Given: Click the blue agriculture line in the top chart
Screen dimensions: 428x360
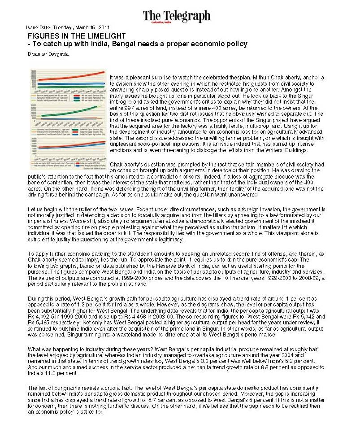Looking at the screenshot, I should (67, 83).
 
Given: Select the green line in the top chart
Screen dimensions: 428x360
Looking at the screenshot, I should (67, 88).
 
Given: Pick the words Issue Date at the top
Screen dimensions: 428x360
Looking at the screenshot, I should (38, 27).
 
